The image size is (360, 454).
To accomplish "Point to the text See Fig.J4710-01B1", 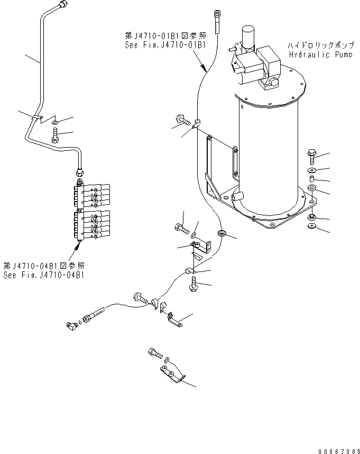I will (165, 44).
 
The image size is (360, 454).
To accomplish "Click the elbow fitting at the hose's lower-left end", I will (72, 328).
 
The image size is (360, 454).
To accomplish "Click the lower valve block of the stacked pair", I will (92, 223).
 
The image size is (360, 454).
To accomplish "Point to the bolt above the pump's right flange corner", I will (311, 157).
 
